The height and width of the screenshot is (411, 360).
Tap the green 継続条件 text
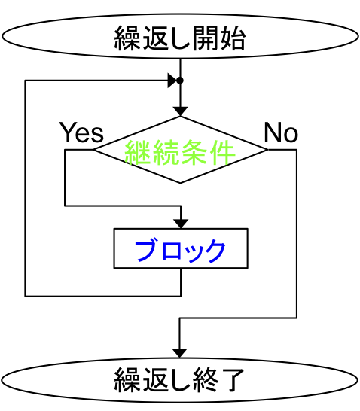[x=180, y=152]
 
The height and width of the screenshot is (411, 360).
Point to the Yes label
[x=81, y=132]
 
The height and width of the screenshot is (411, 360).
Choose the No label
[x=281, y=132]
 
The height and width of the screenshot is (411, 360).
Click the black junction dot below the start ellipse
[x=180, y=81]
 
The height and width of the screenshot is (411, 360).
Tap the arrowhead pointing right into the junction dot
[x=172, y=81]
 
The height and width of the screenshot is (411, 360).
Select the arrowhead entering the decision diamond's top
[x=180, y=111]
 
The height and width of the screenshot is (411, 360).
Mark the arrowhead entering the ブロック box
[x=181, y=224]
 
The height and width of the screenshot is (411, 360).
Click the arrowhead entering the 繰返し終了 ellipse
[x=179, y=353]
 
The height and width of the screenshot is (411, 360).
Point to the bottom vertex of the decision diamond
[x=180, y=183]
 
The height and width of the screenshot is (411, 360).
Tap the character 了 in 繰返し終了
[x=232, y=380]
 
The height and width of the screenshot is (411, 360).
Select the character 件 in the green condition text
[x=222, y=152]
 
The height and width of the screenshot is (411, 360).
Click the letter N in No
[x=273, y=132]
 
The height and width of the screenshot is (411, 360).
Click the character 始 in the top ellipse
[x=233, y=38]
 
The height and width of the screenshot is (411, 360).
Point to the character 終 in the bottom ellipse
[x=206, y=380]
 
